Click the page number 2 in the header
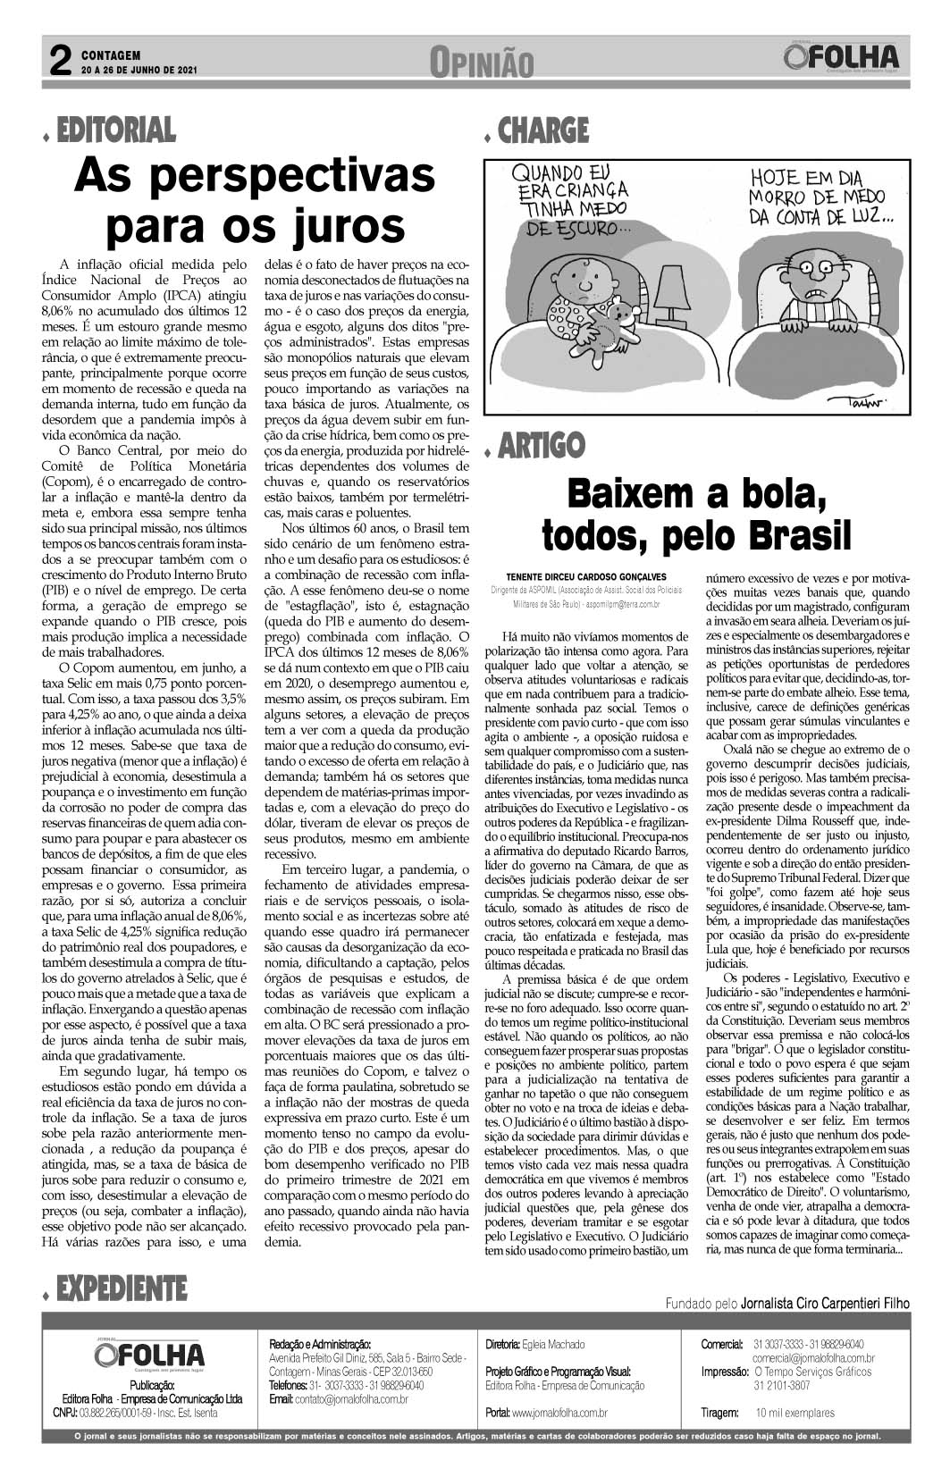59,61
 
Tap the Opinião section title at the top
482,63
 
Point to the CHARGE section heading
543,130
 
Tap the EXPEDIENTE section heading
121,1288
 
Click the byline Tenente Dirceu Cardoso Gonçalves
585,575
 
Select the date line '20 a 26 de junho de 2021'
139,69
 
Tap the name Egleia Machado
555,1343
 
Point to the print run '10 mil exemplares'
795,1413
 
